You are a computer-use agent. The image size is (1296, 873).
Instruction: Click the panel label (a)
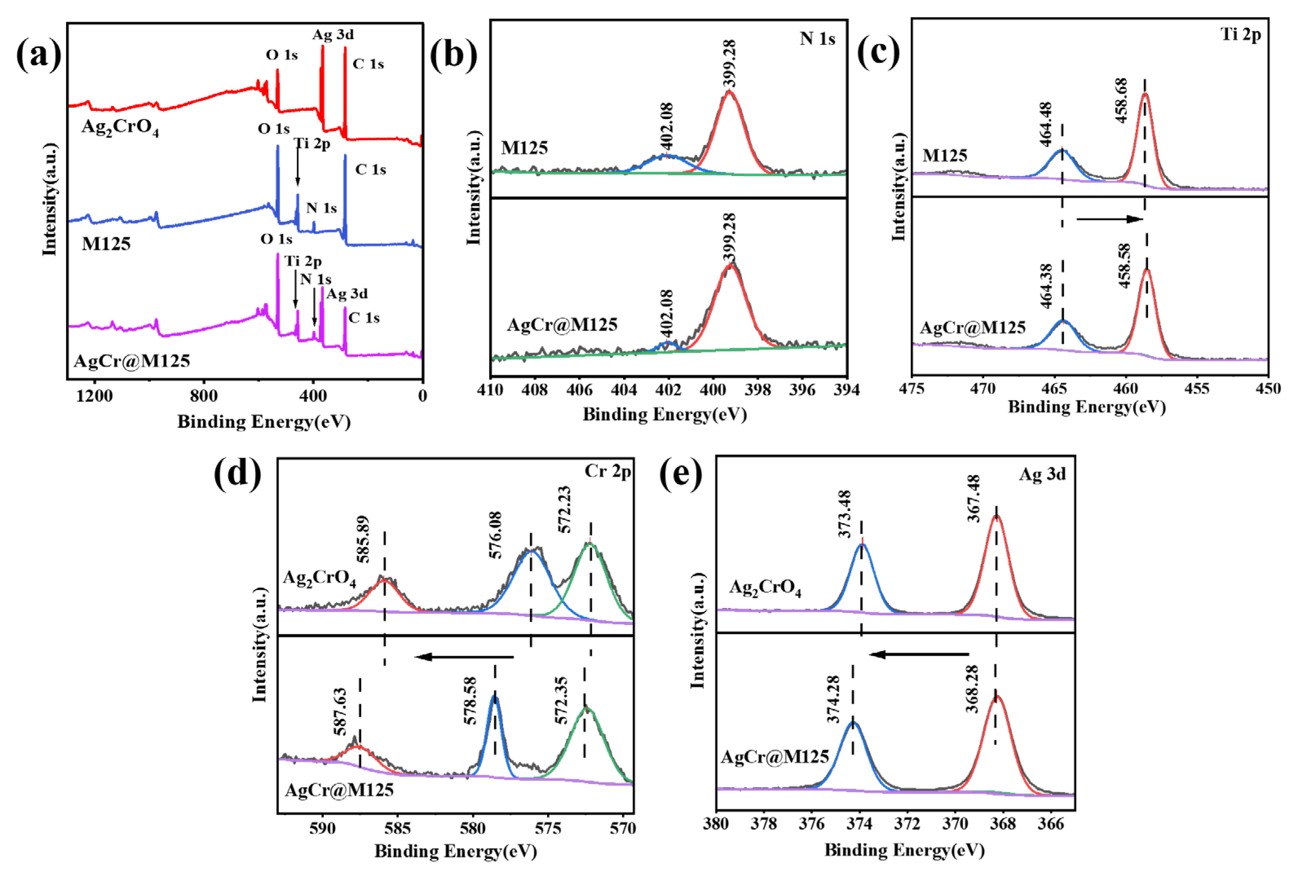38,56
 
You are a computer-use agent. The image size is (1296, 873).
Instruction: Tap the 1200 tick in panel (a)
95,396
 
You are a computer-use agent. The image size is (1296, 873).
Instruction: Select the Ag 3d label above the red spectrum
333,35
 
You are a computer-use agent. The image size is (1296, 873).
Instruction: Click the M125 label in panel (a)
106,244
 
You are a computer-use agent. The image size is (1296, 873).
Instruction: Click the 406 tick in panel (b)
579,390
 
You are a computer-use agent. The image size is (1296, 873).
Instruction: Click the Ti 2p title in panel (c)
1240,35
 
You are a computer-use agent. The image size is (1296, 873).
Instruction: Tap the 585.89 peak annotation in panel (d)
363,539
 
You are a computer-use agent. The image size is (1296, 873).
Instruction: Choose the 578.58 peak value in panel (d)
471,701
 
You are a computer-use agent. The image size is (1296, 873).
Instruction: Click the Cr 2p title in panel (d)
607,472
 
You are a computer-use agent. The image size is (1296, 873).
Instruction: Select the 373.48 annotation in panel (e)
845,513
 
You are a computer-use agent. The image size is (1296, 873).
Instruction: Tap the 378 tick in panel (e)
764,824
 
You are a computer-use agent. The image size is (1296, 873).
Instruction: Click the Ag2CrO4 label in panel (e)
765,588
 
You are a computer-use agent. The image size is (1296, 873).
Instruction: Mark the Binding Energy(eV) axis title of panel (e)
904,850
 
